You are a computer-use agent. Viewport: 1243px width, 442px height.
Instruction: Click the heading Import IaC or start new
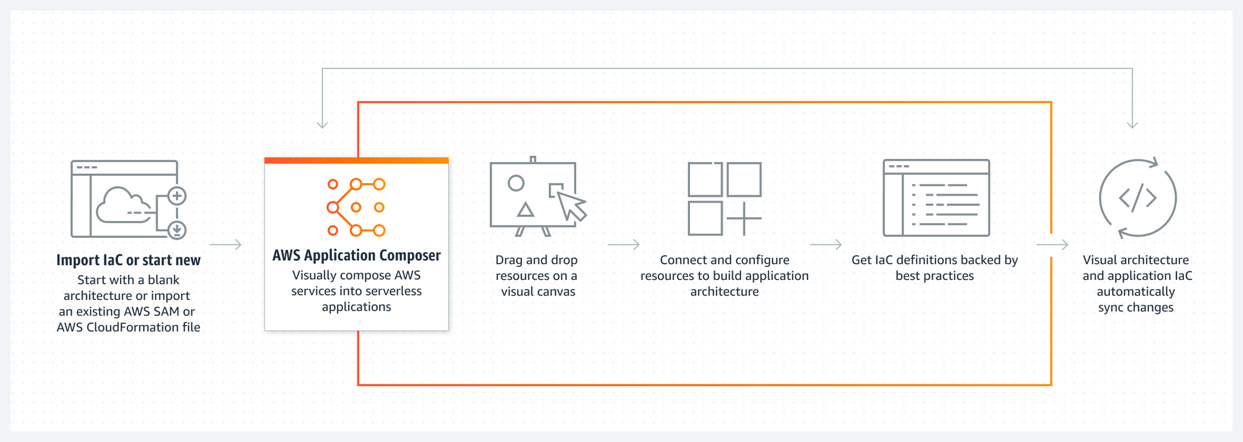[129, 260]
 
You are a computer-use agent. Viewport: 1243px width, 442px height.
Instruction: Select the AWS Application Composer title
[356, 255]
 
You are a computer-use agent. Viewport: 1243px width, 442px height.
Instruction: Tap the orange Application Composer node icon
[356, 207]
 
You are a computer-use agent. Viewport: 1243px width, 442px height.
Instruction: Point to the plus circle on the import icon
[177, 196]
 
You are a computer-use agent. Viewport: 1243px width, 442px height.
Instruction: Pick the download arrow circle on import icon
[177, 230]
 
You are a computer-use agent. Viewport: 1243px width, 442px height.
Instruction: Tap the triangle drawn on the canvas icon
[526, 209]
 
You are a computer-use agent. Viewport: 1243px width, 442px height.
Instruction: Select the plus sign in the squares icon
[743, 219]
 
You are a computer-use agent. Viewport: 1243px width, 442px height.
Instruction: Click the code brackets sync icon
[1137, 198]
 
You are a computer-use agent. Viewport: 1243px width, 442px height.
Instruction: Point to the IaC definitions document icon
[936, 198]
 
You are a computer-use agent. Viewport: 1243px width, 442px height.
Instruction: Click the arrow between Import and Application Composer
[226, 245]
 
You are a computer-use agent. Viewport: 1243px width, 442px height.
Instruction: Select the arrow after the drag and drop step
[623, 245]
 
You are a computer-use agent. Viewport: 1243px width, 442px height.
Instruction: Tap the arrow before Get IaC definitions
[826, 245]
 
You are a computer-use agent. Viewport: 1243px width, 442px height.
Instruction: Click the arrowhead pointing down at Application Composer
[322, 124]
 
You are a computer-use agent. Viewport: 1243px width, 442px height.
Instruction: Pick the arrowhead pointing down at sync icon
[1132, 124]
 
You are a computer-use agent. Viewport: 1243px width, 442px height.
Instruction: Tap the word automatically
[1135, 292]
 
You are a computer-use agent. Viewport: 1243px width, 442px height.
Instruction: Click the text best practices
[935, 276]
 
